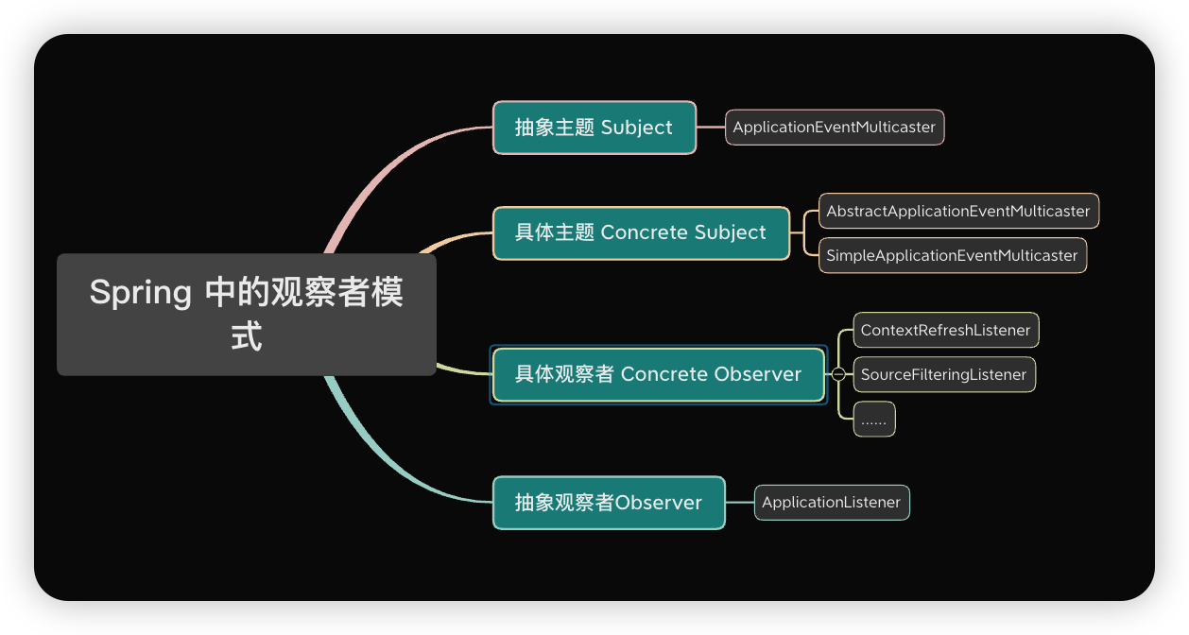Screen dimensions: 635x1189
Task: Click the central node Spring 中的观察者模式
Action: tap(246, 315)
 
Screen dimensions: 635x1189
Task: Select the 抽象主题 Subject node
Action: tap(594, 128)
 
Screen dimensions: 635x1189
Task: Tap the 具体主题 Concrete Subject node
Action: tap(640, 232)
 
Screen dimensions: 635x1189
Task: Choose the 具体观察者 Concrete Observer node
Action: tap(658, 374)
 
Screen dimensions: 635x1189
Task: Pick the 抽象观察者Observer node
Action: tap(608, 503)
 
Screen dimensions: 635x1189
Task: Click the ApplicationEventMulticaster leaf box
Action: tap(834, 128)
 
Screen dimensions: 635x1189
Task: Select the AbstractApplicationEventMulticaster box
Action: tap(957, 212)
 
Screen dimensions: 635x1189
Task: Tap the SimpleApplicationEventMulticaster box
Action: tap(952, 255)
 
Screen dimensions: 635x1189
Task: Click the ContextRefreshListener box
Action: tap(945, 331)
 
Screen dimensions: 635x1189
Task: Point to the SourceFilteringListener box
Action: tap(943, 374)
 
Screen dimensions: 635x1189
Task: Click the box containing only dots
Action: tap(873, 419)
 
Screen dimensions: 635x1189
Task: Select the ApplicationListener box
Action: tap(831, 503)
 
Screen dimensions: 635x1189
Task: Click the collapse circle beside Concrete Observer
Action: tap(838, 374)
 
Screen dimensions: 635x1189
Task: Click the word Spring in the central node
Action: tap(140, 293)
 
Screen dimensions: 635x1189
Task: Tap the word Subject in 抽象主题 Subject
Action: tap(636, 128)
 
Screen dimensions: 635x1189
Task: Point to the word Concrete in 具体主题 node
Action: tap(644, 232)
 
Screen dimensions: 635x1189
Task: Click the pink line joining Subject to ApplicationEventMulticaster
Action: tap(711, 128)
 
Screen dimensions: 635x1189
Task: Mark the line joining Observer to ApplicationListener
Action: tap(739, 503)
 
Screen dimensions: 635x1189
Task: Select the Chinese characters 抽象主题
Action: tap(554, 128)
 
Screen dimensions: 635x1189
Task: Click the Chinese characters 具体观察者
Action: tap(564, 374)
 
